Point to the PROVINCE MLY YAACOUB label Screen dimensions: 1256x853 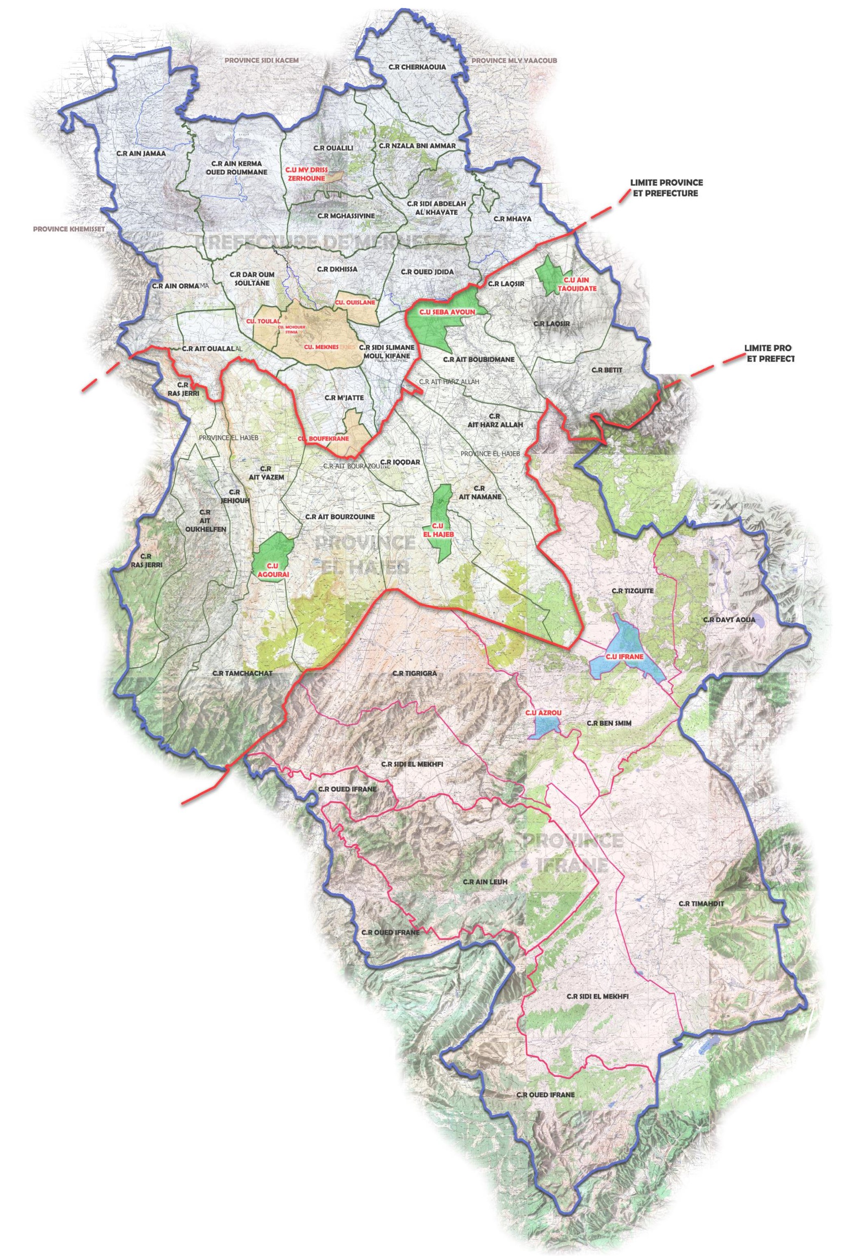coord(513,61)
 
